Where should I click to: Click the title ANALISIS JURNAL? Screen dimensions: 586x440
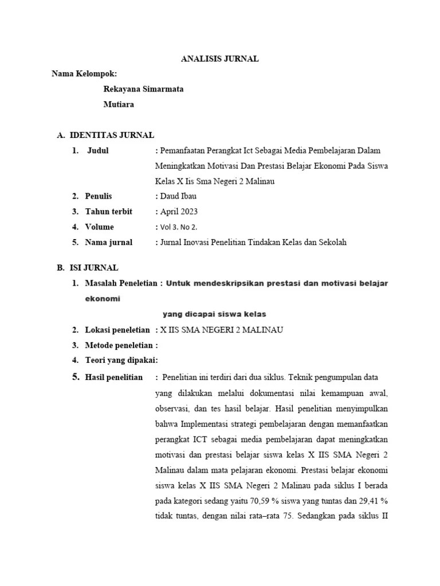tap(220, 58)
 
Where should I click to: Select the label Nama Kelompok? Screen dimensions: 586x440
tap(84, 74)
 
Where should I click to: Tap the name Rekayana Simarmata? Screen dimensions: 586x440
tap(143, 89)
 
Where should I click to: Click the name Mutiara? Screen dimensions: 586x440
tap(119, 104)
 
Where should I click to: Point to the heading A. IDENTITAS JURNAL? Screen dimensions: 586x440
tap(105, 135)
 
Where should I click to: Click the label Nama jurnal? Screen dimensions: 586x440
tap(108, 242)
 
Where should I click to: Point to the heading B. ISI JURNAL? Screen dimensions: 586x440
tap(88, 267)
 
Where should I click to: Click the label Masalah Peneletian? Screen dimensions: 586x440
tap(120, 283)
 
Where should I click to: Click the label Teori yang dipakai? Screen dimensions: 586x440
tap(121, 360)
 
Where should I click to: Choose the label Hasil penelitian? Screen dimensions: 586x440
tap(113, 377)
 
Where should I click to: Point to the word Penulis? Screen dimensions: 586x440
tap(99, 196)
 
